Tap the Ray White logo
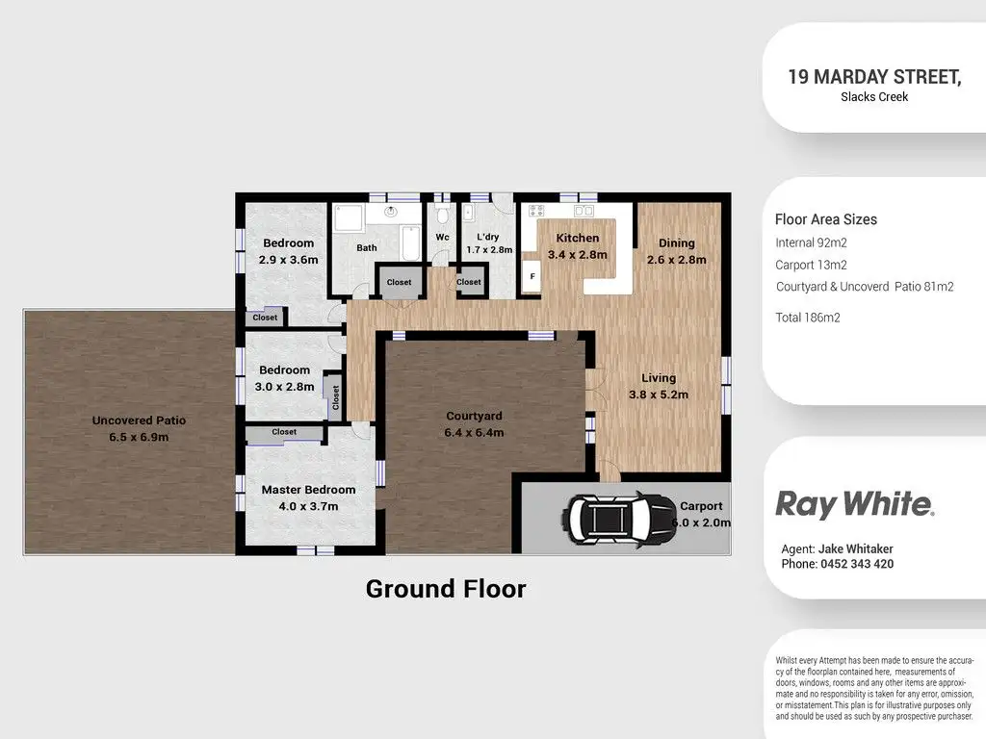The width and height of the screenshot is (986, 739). tap(854, 504)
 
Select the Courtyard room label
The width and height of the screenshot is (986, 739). tap(474, 424)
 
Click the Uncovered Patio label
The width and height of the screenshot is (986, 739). tap(139, 428)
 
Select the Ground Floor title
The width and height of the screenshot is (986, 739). tap(446, 588)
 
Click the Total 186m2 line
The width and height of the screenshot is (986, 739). tap(808, 318)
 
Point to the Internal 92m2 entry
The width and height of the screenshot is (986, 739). tap(811, 243)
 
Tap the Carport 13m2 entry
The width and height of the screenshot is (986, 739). tap(812, 265)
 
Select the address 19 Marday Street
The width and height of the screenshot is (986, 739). tap(874, 77)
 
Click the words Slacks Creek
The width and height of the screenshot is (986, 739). tap(874, 97)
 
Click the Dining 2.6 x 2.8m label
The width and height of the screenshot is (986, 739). tap(676, 251)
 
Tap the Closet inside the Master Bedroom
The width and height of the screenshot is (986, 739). tap(284, 433)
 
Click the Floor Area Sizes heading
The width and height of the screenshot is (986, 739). tap(826, 219)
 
